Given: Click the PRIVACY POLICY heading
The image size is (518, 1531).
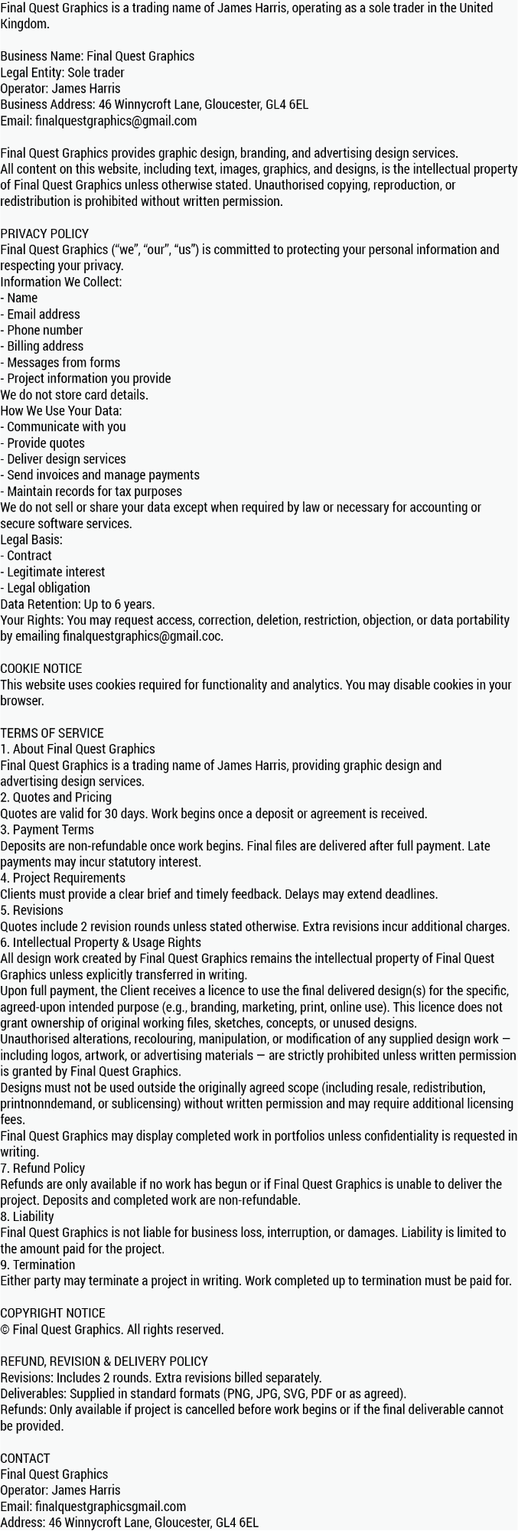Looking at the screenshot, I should coord(44,233).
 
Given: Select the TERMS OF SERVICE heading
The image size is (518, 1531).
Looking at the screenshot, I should coord(52,733).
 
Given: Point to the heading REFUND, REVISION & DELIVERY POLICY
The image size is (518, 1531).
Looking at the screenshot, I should coord(104,1361).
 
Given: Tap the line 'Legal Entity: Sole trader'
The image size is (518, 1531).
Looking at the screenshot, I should coord(62,73).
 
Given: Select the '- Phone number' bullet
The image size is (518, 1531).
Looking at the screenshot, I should coord(41,330).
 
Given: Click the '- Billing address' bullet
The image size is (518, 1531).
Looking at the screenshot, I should coord(42,346).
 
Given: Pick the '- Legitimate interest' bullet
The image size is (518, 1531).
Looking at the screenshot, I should coord(53,572).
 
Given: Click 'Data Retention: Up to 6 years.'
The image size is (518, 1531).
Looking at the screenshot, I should coord(77,604).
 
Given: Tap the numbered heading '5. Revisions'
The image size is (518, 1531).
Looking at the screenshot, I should coord(31,910).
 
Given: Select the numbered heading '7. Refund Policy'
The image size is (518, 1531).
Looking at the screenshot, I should coord(42,1168).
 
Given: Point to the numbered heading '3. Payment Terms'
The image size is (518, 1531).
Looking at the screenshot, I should coord(47,830).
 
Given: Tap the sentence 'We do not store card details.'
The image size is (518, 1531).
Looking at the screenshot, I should coord(74,395).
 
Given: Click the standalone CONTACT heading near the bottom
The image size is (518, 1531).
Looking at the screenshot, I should coord(24,1458).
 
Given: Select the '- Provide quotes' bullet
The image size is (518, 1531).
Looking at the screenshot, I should coord(43,443).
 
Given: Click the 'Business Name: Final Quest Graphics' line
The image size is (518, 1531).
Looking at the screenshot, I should coord(97,56).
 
